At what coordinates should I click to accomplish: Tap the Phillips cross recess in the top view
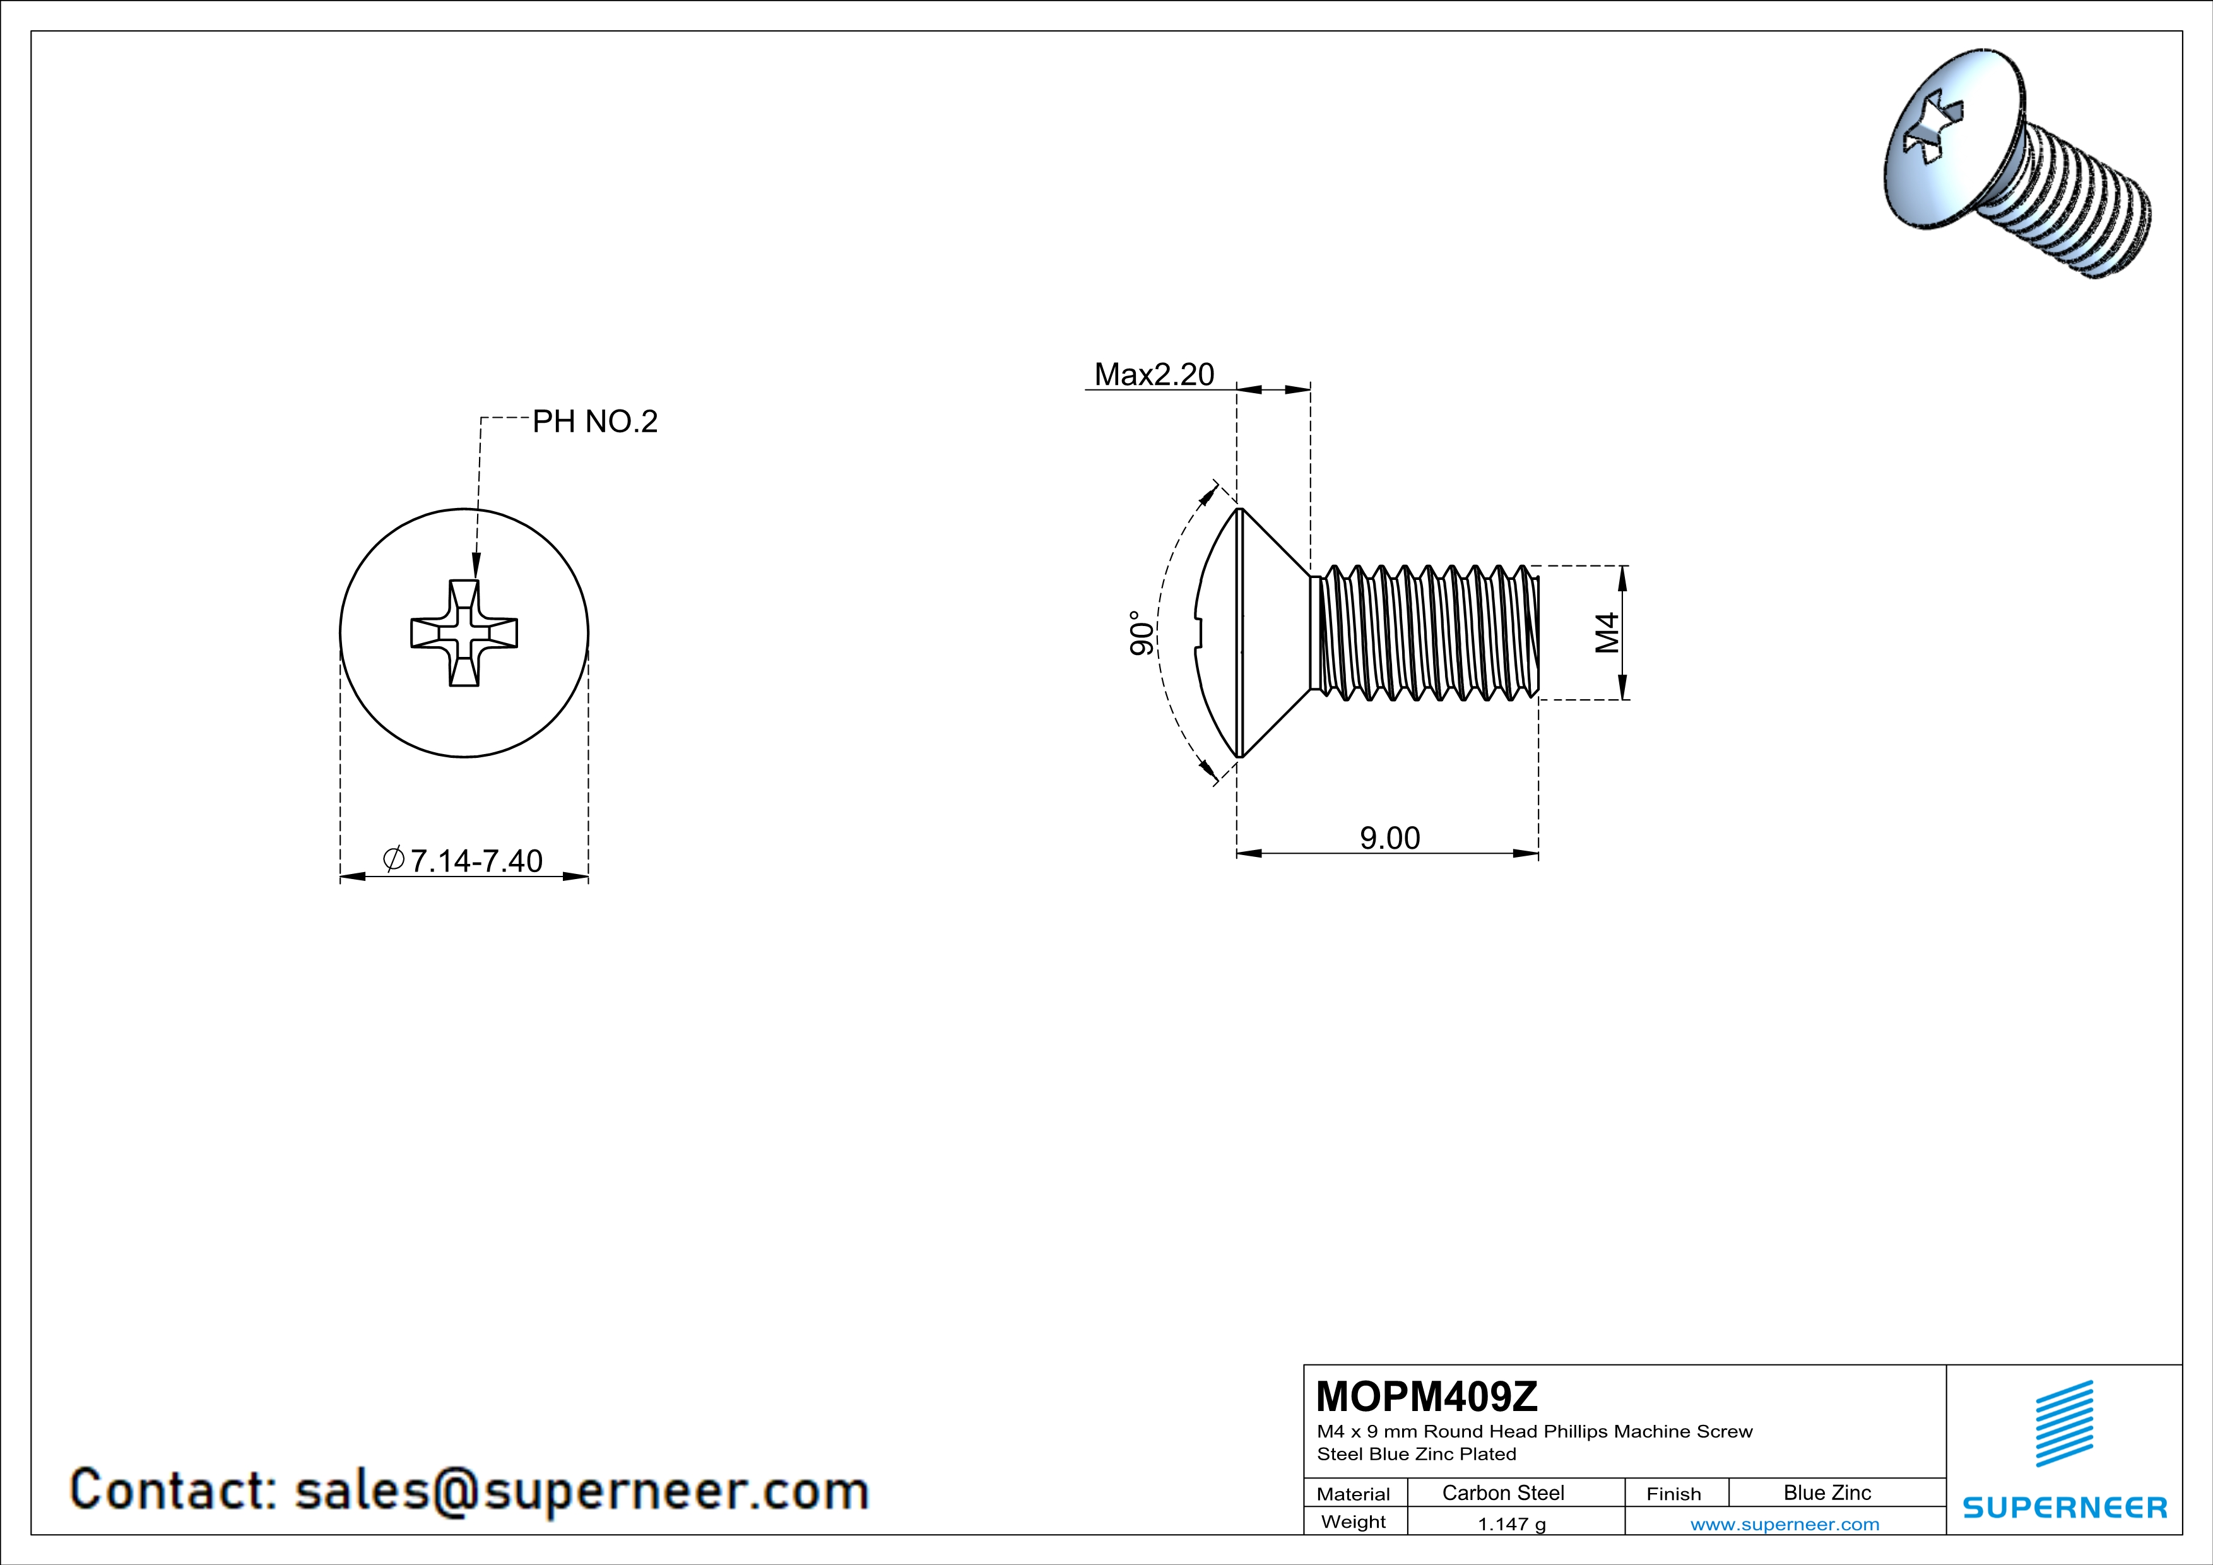[x=464, y=633]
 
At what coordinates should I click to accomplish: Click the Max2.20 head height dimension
[x=1154, y=374]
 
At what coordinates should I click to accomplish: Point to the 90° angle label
[x=1141, y=633]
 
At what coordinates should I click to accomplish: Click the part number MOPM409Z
[x=1427, y=1397]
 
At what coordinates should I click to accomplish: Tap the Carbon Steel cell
[x=1502, y=1492]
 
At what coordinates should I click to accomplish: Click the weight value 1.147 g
[x=1511, y=1523]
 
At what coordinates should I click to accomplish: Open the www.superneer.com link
[x=1784, y=1523]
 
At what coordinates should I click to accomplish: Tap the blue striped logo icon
[x=2063, y=1424]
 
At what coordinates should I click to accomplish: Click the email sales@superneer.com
[x=581, y=1490]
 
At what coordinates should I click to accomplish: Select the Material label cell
[x=1354, y=1494]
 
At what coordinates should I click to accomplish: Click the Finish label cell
[x=1673, y=1494]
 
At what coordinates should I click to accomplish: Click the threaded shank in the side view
[x=1427, y=632]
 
